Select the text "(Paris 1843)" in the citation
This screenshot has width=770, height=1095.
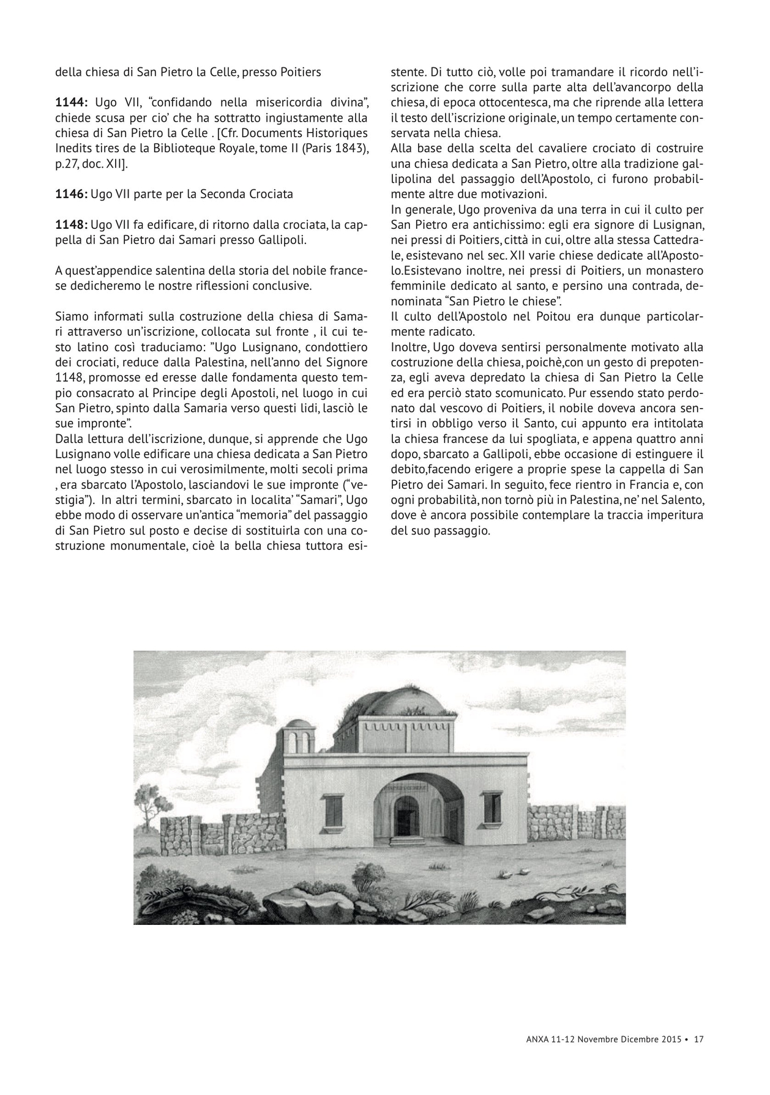coord(340,148)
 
